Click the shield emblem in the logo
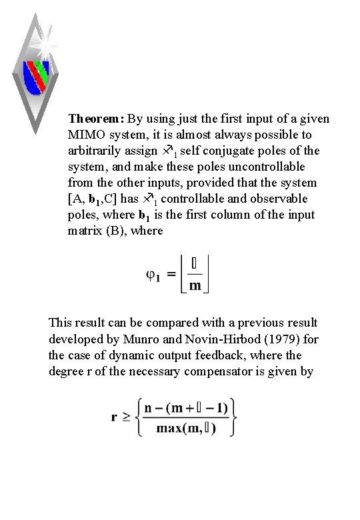click(x=37, y=75)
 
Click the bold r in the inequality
click(x=114, y=418)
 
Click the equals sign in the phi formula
click(x=171, y=275)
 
